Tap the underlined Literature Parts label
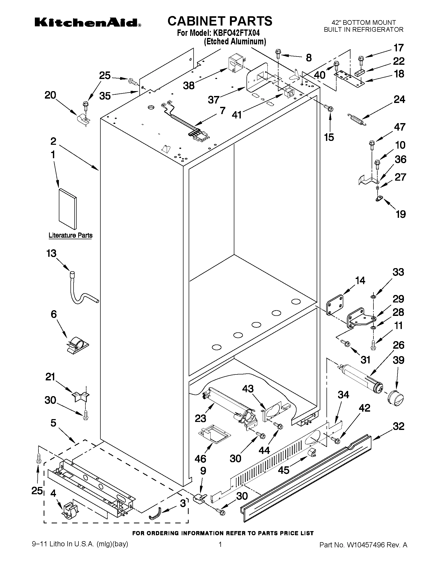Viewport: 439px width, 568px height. click(70, 235)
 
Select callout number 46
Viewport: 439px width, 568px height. click(200, 459)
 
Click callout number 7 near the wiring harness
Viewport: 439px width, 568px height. click(222, 111)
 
